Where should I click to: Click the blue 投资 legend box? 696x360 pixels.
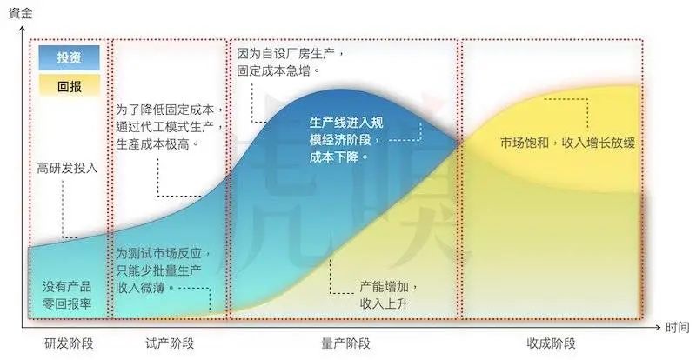(69, 57)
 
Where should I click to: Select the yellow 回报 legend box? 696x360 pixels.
(69, 86)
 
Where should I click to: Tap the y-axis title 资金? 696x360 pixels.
(20, 13)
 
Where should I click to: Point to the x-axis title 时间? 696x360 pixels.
(678, 328)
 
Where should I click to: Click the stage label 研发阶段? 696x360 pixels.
(69, 343)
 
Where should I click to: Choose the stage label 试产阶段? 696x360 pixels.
(170, 343)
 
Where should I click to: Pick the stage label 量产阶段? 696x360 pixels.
(345, 343)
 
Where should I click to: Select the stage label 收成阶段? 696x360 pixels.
(552, 343)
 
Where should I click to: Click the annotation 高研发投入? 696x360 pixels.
(67, 168)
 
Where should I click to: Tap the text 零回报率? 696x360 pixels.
(67, 304)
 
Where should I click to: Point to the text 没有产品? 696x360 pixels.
(67, 286)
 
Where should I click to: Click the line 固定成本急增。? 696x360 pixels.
(278, 71)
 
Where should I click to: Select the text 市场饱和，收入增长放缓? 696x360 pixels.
(568, 143)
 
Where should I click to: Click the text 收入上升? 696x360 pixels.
(384, 304)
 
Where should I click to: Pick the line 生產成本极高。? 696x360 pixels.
(158, 144)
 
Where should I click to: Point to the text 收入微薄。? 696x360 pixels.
(145, 288)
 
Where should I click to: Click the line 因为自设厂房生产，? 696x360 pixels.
(291, 54)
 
